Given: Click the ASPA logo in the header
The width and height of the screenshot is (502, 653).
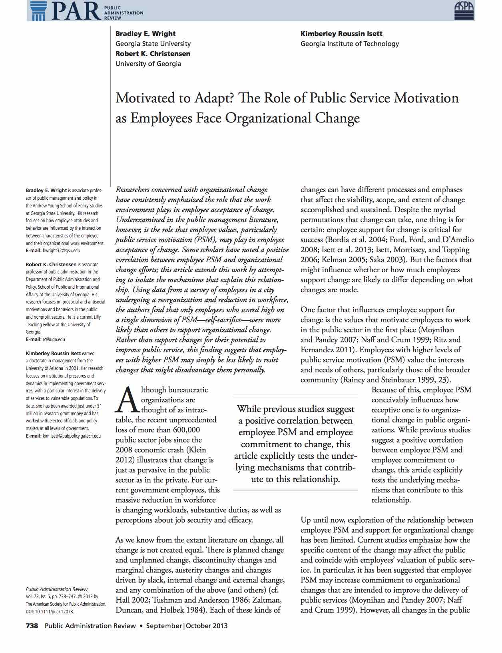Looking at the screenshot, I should [x=464, y=10].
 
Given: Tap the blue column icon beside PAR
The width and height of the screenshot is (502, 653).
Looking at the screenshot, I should [x=38, y=10].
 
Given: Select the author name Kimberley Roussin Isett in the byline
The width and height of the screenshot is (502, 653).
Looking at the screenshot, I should [x=341, y=34].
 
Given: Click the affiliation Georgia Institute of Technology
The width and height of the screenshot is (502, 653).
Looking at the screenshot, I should [x=350, y=44].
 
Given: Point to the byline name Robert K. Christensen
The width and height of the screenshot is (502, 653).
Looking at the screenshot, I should [x=153, y=54].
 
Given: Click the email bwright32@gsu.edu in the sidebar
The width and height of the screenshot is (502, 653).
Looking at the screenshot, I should [x=61, y=251].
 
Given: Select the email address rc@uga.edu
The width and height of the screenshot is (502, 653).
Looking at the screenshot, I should [x=54, y=340].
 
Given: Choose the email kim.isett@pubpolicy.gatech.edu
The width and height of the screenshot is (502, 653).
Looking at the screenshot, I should [x=72, y=436].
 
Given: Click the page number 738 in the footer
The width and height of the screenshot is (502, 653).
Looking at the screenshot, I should [x=32, y=626].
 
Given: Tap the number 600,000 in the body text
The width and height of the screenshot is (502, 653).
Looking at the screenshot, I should [x=187, y=430].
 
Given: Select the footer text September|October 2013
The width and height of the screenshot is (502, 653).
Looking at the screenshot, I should [x=187, y=626].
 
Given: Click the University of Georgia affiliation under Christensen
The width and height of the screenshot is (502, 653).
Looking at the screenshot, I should [x=148, y=64].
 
